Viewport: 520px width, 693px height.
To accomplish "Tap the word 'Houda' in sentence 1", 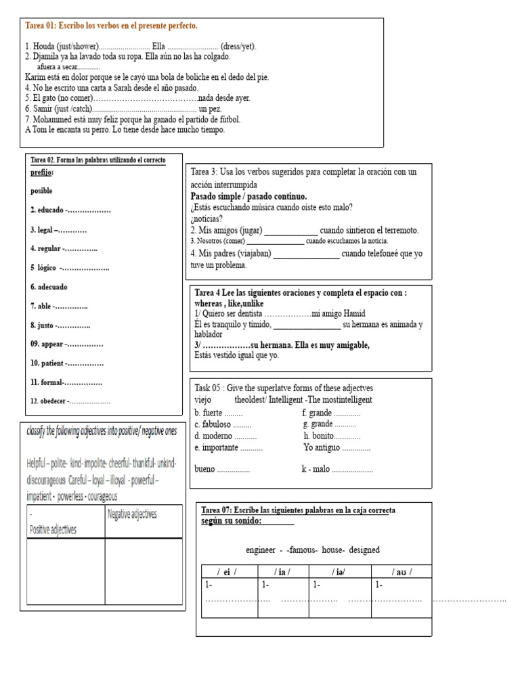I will (43, 46).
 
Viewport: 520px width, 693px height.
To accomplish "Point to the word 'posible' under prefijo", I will (41, 191).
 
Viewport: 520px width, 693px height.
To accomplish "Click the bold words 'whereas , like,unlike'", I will (229, 304).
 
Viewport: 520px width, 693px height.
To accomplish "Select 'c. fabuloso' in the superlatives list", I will (213, 424).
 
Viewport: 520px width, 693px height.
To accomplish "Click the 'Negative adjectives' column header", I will (132, 514).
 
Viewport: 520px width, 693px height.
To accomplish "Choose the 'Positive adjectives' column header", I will (53, 530).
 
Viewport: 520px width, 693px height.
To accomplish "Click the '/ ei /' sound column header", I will (226, 572).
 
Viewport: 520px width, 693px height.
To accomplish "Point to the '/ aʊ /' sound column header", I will (401, 572).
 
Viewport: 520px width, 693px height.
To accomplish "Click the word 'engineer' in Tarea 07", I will (261, 550).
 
